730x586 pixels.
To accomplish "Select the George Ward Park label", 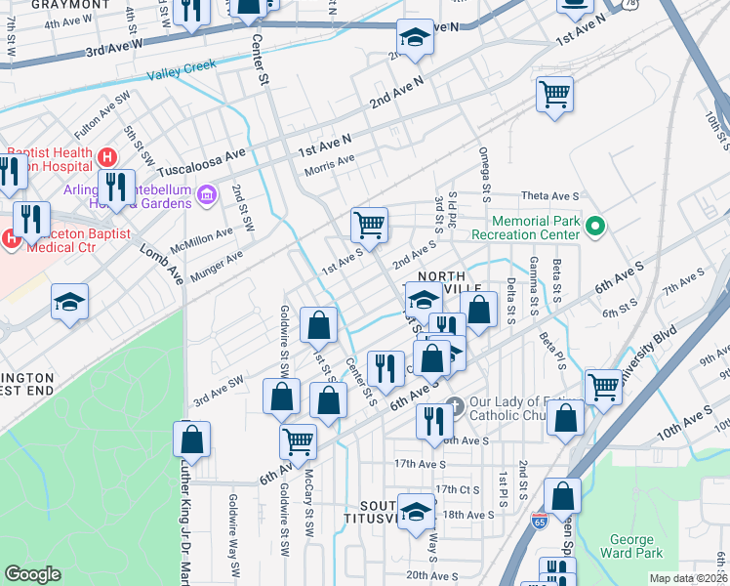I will click(636, 546).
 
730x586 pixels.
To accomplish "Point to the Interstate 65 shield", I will click(540, 523).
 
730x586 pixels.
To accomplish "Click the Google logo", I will click(33, 574).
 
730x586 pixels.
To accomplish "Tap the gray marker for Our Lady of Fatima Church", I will click(453, 404).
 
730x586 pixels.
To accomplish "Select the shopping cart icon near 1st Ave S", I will click(370, 225).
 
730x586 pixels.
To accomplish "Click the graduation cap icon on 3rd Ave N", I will click(414, 38).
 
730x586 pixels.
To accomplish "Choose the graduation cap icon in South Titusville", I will click(417, 513).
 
